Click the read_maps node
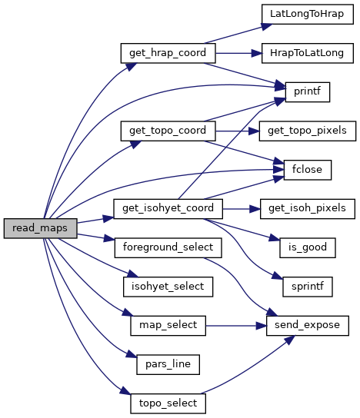coord(40,228)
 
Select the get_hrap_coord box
coord(168,53)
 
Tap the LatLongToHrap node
coord(308,14)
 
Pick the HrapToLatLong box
coord(308,53)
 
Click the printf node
coord(308,92)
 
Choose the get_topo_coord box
coord(168,131)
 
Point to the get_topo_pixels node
coord(308,131)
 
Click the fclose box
coord(308,170)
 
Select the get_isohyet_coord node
coord(168,209)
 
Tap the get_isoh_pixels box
coord(308,209)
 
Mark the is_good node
coord(308,247)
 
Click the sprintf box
coord(308,287)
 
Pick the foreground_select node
coord(168,247)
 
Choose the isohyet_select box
coord(168,287)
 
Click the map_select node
coord(168,326)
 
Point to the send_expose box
coord(308,326)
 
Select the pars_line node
coord(168,364)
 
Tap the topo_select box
coord(168,403)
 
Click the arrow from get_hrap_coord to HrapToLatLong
coord(238,53)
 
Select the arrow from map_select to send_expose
coord(236,326)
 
